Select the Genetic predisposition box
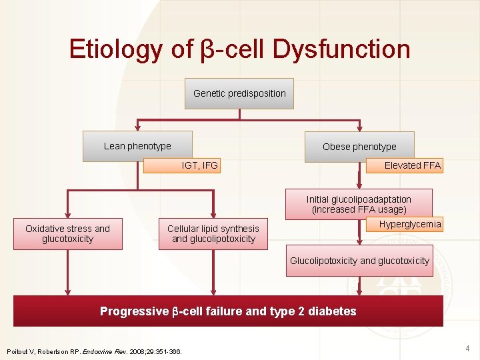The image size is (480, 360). click(239, 93)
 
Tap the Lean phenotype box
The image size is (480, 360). click(137, 146)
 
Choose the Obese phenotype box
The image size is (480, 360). click(359, 147)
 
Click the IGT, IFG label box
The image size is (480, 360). click(181, 165)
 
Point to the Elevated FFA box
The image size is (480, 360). click(405, 165)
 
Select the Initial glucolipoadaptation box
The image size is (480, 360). click(359, 204)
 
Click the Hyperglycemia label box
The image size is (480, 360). click(405, 225)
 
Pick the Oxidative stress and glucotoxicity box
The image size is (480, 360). click(67, 233)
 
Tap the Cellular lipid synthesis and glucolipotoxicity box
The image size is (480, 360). click(213, 233)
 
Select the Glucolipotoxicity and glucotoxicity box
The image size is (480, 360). click(359, 261)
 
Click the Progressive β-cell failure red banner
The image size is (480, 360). click(228, 311)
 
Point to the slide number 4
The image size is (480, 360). click(467, 348)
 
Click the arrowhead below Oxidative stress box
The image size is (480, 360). click(67, 291)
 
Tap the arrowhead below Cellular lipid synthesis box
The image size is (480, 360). click(213, 291)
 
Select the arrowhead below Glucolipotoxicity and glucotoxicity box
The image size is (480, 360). click(359, 291)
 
